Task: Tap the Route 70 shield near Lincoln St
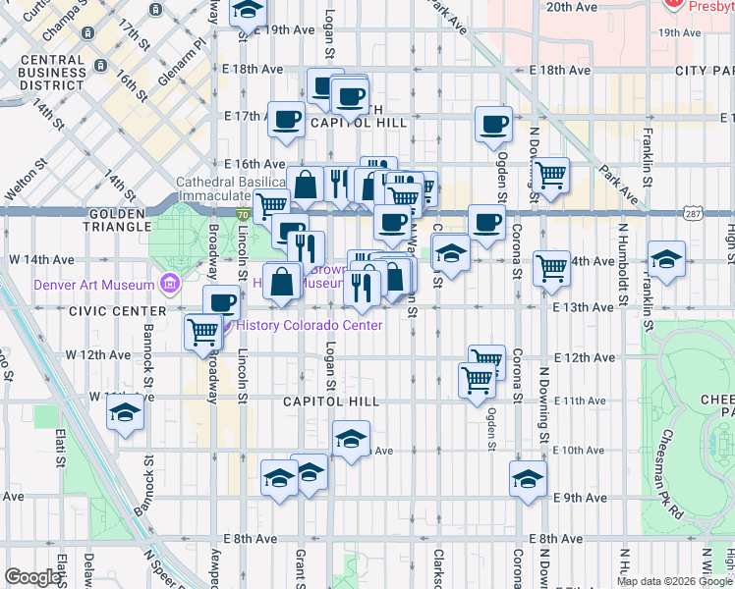click(x=242, y=212)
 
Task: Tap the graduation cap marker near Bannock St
click(x=126, y=414)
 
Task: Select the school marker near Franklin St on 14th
click(x=666, y=259)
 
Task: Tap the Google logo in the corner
click(x=32, y=577)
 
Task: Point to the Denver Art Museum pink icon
click(x=172, y=286)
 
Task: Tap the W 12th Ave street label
click(x=99, y=354)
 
